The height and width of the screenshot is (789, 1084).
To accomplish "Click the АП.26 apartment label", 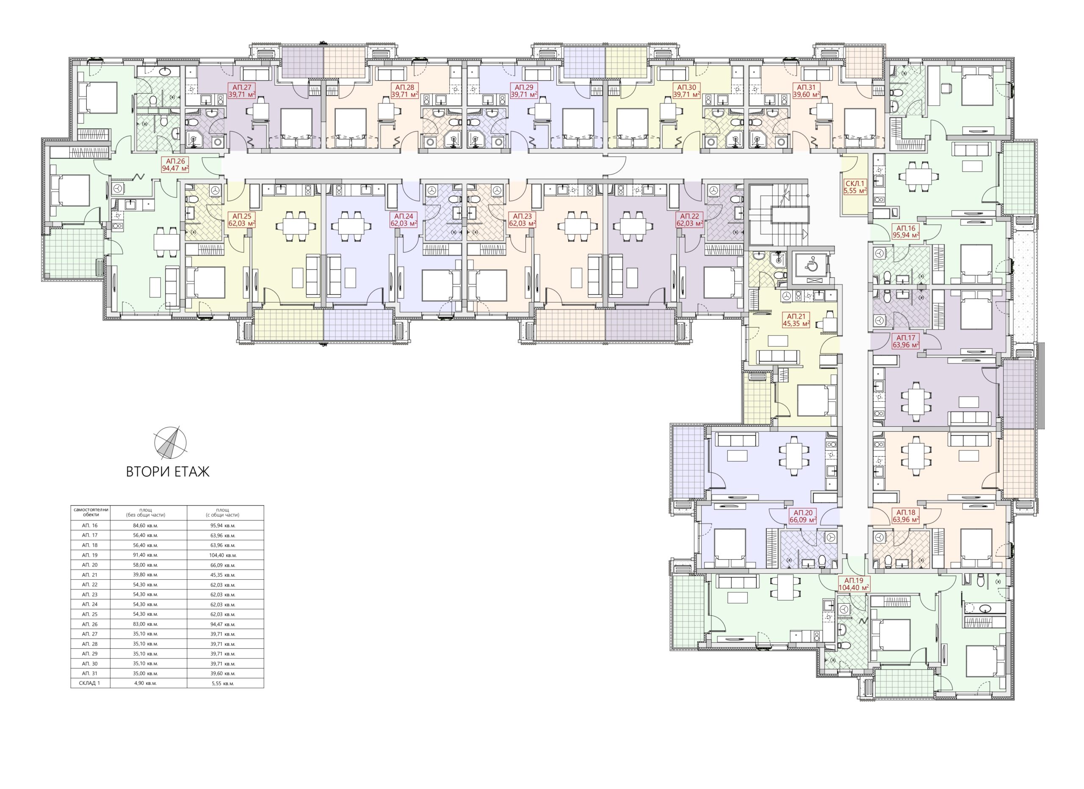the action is click(175, 164).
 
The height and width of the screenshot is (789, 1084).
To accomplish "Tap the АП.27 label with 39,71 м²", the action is click(242, 91).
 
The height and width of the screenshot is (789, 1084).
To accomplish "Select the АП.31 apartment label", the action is click(806, 91).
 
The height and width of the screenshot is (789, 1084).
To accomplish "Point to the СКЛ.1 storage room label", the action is click(855, 186).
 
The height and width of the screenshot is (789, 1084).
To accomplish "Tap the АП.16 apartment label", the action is click(906, 231).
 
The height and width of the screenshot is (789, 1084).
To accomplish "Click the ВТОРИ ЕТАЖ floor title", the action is click(168, 472).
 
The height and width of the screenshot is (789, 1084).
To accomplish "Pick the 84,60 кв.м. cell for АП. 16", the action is click(149, 525).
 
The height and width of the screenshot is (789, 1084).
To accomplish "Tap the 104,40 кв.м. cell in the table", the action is click(225, 555).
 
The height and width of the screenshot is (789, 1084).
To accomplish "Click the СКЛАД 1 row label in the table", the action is click(90, 683).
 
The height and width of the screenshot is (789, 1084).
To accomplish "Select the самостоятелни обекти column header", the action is click(90, 512).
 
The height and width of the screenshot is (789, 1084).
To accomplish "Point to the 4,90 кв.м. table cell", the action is click(149, 683).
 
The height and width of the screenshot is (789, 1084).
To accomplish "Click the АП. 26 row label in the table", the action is click(90, 624).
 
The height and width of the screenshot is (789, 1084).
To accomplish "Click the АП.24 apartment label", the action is click(404, 219).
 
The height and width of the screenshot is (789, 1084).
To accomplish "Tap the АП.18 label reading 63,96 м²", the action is click(906, 516).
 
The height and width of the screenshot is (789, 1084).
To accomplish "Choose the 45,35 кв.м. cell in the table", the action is click(225, 575).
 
